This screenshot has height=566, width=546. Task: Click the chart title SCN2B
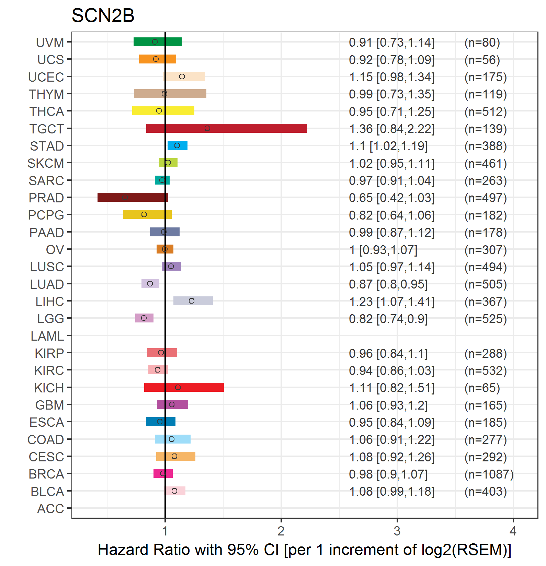tap(103, 15)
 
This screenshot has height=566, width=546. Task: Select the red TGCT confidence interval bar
tap(226, 128)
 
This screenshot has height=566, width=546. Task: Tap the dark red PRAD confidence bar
tap(133, 197)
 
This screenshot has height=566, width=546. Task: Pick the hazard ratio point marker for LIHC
tap(192, 301)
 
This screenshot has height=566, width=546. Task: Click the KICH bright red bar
tap(184, 387)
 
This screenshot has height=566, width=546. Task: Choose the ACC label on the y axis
tap(50, 509)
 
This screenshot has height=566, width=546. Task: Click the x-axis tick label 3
tap(397, 531)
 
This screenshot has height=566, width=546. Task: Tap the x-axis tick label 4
tap(513, 531)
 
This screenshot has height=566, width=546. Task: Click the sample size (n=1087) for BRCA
tap(489, 474)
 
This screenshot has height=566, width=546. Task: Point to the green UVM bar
tap(157, 42)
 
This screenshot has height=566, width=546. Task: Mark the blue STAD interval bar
tap(177, 145)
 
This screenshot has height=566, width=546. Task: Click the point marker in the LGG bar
tap(144, 318)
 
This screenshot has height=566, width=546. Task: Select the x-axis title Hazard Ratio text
tap(304, 550)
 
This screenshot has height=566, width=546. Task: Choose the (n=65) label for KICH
tap(482, 388)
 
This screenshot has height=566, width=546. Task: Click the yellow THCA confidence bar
tap(163, 111)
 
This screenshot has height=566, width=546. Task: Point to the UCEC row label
tap(46, 77)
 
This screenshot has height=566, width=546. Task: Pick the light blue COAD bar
tap(172, 439)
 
